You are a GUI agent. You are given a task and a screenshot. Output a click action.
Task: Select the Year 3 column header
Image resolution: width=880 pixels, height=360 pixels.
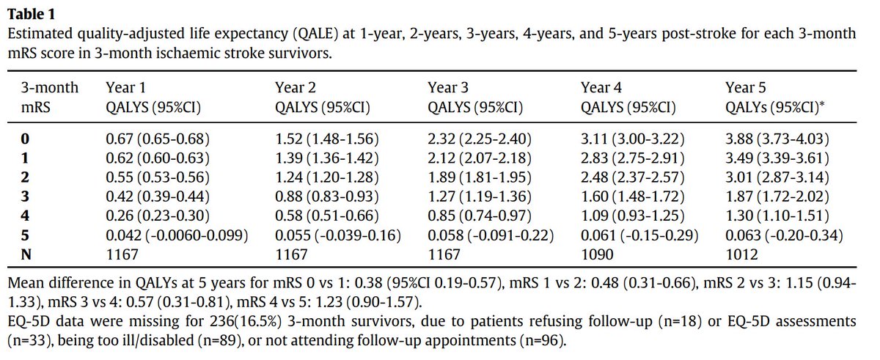tap(447, 88)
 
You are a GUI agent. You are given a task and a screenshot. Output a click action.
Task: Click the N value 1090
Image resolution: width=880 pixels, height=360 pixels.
tap(596, 254)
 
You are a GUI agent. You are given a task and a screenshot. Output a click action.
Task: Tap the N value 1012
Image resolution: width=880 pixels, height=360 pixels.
tap(741, 254)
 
